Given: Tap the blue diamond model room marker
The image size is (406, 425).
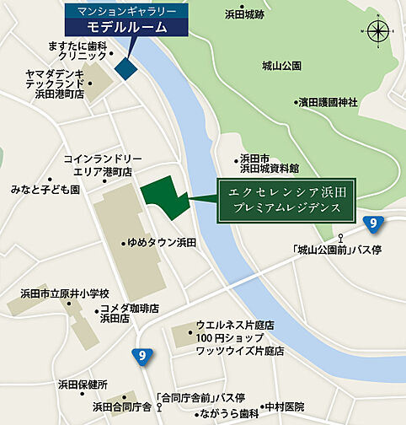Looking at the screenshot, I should coord(127,68).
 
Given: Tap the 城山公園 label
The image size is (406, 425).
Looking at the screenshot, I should coord(281,66).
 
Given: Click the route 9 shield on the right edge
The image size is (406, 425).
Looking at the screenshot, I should coord(373,223).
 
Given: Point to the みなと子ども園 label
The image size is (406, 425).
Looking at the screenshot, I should coord(45,191).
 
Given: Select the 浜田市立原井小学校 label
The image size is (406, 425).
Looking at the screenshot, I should coord(66,293).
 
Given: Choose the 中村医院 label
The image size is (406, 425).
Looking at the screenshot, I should coord(286,406).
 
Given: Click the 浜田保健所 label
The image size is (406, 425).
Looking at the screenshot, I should coord(83,384).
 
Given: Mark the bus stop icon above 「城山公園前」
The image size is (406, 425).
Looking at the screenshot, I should coord(340,237).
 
